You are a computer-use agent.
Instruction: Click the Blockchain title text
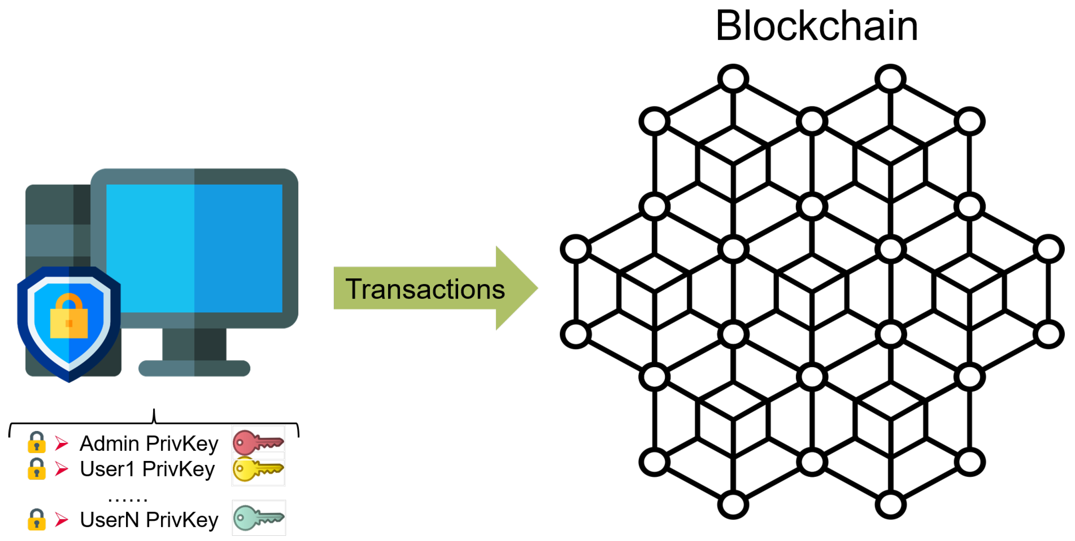point(816,26)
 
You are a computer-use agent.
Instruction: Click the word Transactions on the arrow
point(425,289)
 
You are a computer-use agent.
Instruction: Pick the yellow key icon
point(258,469)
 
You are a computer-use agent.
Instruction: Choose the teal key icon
point(258,518)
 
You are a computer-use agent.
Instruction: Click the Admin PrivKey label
point(149,443)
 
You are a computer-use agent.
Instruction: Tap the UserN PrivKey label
point(149,520)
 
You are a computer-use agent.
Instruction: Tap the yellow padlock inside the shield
point(69,317)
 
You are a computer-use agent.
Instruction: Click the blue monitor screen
point(194,248)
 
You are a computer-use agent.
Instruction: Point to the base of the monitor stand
point(194,368)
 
